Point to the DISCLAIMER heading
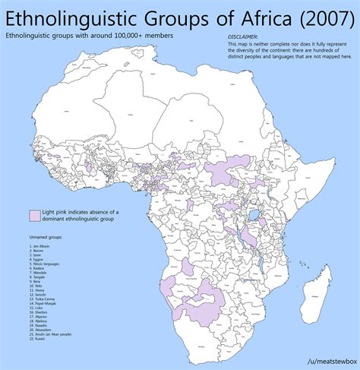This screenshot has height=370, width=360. pos(242,36)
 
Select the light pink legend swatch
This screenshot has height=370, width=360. pos(34,215)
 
